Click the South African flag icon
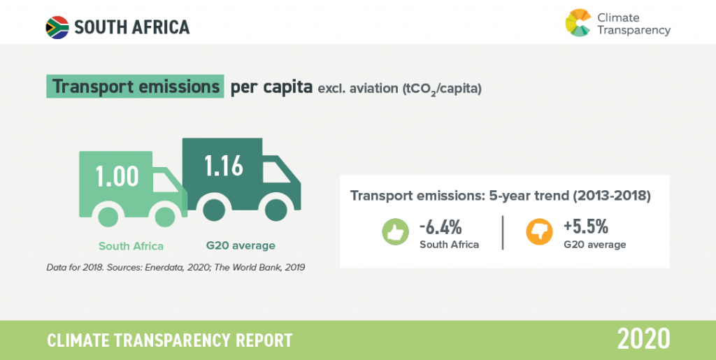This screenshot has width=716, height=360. tap(57, 27)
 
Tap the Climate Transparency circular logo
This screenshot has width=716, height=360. tap(578, 23)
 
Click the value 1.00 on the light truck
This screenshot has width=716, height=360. tap(117, 176)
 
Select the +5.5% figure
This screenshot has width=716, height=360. tap(586, 226)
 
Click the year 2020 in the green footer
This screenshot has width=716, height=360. tap(644, 339)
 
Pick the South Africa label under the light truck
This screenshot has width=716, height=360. tap(131, 246)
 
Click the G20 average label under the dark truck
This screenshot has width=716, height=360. tap(241, 246)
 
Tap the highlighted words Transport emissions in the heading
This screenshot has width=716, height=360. tap(135, 86)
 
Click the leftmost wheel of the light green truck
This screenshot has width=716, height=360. tap(108, 216)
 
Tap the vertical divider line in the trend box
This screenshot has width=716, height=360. tap(503, 233)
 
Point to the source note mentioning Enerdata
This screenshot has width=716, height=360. tap(176, 267)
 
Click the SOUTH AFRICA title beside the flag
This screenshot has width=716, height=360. tap(132, 27)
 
